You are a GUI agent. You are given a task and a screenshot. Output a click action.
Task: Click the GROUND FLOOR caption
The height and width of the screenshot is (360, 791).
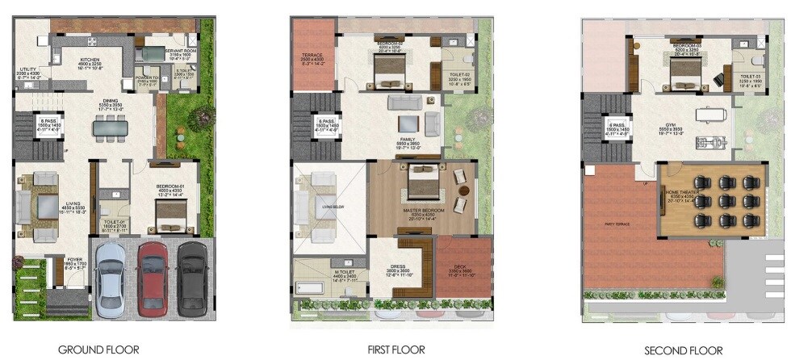tap(104, 350)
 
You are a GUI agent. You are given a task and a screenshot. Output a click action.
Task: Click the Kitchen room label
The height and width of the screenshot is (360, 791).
tap(89, 62)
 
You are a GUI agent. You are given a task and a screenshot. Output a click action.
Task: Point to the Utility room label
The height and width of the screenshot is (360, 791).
tap(28, 73)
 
